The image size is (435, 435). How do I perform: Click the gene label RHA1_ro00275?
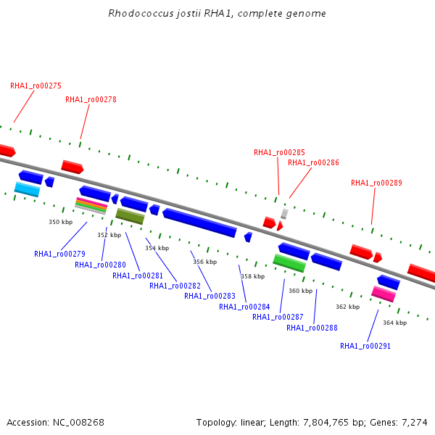pos(36,86)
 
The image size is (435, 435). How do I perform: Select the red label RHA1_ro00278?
pos(91,99)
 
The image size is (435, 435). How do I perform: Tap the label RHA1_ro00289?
pos(376,183)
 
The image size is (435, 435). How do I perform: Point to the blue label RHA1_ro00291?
pos(365,346)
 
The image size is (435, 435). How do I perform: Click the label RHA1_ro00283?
pos(210,296)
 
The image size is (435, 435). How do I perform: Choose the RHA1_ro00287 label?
pos(278,317)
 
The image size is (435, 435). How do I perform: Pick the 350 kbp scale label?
pos(60,222)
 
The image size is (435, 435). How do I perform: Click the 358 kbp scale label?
pos(253,276)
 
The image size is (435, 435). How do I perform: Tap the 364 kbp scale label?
pos(395,323)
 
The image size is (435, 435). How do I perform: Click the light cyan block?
pos(28,189)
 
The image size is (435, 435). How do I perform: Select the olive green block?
pos(130,216)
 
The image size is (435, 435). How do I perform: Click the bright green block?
pos(289,263)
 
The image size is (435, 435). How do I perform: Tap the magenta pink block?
pos(384,294)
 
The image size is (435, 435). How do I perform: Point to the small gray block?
pos(284,214)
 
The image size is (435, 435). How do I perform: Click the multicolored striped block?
pos(91,206)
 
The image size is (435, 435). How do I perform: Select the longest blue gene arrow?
pos(200,223)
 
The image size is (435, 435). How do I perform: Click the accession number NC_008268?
pos(78,423)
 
